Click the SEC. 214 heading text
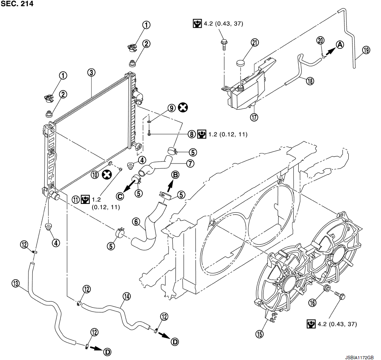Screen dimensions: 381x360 pos(17,3)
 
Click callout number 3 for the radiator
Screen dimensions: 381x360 pos(91,72)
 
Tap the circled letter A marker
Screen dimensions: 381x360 pos(340,45)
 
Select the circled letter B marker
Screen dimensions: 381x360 pos(175,175)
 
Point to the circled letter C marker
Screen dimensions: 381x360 pos(120,196)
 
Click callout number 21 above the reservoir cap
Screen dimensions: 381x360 pos(255,42)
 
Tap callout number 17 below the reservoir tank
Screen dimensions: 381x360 pos(254,117)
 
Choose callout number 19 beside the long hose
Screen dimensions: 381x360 pos(366,50)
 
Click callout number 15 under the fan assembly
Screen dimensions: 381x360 pos(259,334)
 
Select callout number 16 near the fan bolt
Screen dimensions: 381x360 pos(312,303)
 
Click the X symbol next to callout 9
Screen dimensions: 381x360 pos(183,107)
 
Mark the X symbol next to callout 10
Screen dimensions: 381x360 pos(107,174)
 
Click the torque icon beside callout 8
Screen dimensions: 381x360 pos(202,134)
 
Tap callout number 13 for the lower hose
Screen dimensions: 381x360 pos(15,283)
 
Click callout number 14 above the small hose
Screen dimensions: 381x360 pos(127,297)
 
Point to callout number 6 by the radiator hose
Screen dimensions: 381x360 pos(136,222)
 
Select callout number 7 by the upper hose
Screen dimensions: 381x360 pos(190,163)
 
